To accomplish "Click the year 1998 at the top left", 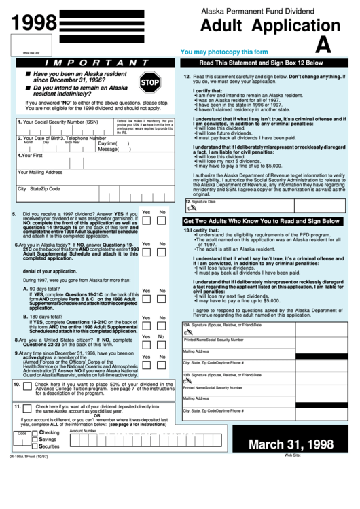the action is [34, 23].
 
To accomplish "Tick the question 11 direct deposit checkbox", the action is [26, 408].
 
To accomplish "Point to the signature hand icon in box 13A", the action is [187, 332].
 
